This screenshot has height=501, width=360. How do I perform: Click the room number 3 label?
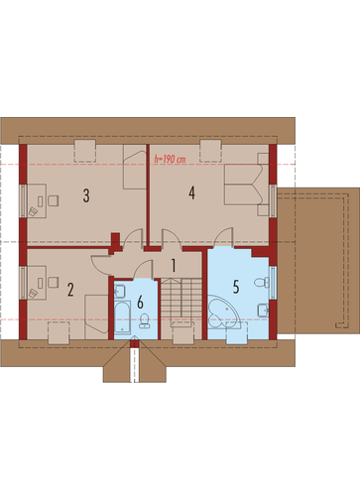[x=86, y=195]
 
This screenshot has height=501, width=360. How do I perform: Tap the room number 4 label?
[x=191, y=192]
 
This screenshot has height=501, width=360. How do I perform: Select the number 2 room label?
[x=70, y=290]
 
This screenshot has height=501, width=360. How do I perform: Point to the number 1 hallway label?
[x=174, y=266]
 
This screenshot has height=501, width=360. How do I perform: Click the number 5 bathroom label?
[x=236, y=287]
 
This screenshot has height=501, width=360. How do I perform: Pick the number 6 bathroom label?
[x=140, y=302]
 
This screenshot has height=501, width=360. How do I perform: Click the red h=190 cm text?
[x=170, y=159]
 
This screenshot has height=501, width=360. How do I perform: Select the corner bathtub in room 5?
[x=224, y=312]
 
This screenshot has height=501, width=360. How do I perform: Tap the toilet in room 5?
[x=262, y=283]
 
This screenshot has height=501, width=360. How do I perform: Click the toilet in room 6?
[x=144, y=320]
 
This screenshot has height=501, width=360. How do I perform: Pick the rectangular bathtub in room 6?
[x=122, y=317]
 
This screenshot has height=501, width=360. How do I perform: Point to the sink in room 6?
[x=119, y=291]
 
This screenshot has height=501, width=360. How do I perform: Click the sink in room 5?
[x=263, y=310]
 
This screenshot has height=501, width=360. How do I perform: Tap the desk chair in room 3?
[x=54, y=200]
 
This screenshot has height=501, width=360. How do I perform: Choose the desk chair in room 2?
[x=54, y=282]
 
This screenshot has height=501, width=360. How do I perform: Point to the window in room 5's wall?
[x=273, y=282]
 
